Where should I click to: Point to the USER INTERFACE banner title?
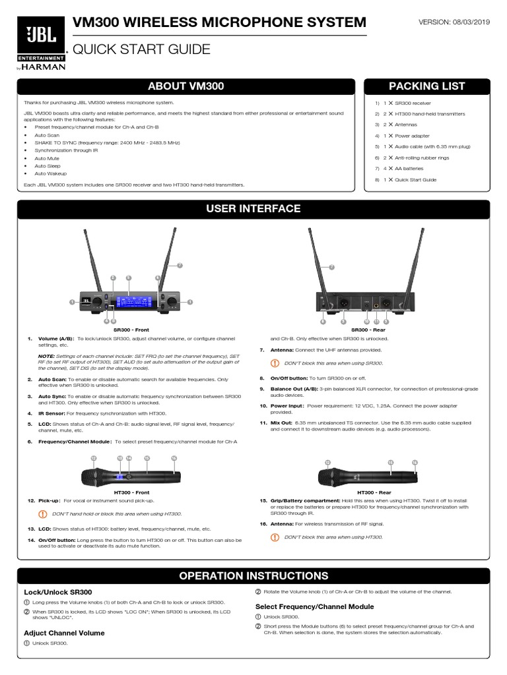coord(253,209)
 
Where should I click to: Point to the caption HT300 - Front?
coord(131,492)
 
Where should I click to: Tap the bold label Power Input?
coord(283,406)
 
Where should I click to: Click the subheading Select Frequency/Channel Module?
coord(314,606)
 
